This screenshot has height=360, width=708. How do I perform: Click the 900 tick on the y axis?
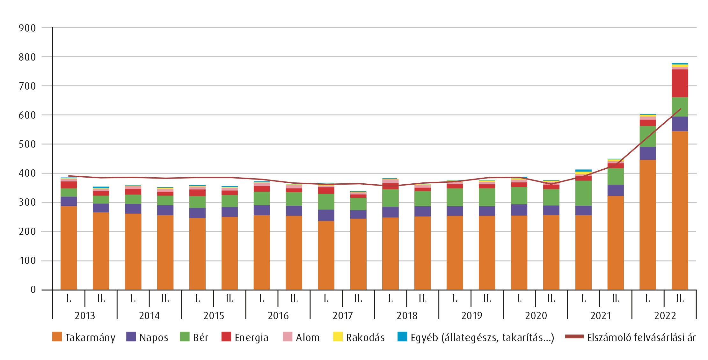27,28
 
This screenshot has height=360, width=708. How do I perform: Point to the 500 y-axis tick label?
27,144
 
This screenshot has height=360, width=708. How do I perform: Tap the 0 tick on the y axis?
33,290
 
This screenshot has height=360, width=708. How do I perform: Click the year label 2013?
85,316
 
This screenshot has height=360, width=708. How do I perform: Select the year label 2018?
407,316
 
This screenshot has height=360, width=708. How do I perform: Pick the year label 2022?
665,316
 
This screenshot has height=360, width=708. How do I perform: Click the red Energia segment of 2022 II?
680,83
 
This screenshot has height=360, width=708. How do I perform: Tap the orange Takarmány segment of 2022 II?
680,210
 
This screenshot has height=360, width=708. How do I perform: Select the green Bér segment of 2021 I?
583,193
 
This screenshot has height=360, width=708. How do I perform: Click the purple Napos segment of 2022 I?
648,153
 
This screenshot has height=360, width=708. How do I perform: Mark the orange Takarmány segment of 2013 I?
69,248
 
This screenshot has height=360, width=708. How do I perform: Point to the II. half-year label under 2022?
680,298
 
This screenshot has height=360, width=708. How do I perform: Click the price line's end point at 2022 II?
681,109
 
